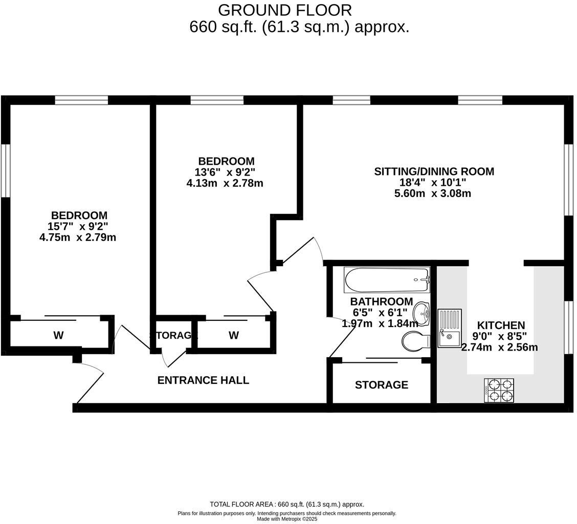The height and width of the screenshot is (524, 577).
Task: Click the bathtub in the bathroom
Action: click(387, 280)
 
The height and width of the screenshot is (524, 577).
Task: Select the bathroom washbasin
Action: click(421, 312)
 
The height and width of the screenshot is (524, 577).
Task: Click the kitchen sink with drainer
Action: click(449, 328)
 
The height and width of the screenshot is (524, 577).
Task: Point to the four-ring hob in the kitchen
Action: click(499, 390)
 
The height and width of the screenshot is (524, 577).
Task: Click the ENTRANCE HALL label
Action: click(203, 380)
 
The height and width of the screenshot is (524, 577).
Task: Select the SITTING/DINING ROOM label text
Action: click(434, 171)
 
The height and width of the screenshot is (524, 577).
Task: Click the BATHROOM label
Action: click(381, 301)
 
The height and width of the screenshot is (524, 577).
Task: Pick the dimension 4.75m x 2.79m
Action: click(78, 237)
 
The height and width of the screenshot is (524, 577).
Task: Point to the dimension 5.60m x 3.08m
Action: click(433, 193)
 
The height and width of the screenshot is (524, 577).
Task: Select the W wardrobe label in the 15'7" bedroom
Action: click(58, 336)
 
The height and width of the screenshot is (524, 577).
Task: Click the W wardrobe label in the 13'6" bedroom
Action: click(234, 336)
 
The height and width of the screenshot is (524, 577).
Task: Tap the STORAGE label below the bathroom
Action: click(382, 385)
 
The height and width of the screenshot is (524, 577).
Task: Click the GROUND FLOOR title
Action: click(285, 10)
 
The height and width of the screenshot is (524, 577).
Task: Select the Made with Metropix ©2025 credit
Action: click(287, 519)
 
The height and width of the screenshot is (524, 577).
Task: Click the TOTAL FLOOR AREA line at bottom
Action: click(287, 504)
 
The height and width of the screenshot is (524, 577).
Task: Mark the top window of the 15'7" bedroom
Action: click(81, 100)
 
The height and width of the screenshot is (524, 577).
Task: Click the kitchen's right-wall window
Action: click(568, 327)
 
